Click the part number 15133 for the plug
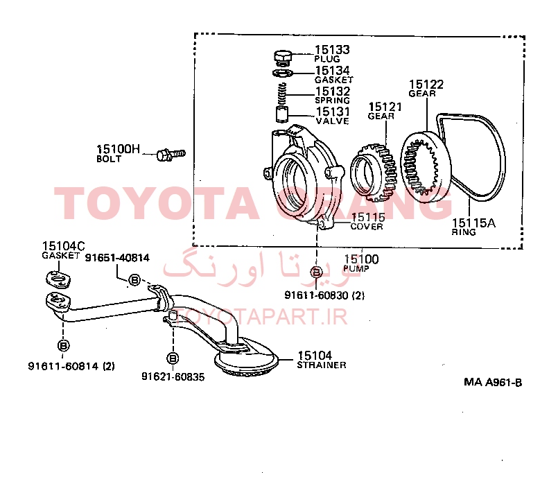(x=332, y=50)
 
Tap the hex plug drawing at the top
(x=282, y=58)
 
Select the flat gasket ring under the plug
(x=283, y=73)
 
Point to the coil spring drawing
(x=282, y=94)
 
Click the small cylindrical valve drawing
(x=282, y=114)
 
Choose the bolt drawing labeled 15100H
(x=171, y=155)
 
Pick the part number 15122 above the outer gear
(x=426, y=84)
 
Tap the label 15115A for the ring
(x=473, y=223)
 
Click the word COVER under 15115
(x=367, y=227)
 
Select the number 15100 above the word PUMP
(x=361, y=259)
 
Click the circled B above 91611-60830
(x=316, y=272)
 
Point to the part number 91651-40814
(x=117, y=258)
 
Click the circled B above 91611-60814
(x=63, y=345)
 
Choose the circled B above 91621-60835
(x=173, y=358)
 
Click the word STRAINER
(x=322, y=365)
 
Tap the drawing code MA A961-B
(x=493, y=382)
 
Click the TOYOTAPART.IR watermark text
(x=261, y=316)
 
